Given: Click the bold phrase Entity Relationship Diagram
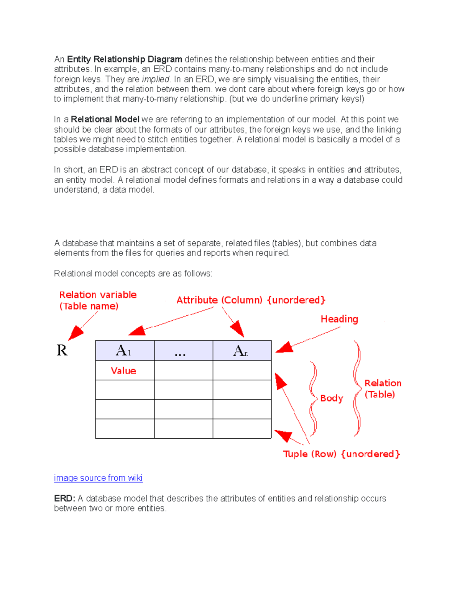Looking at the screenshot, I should click(x=125, y=59).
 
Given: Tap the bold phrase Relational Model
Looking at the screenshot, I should click(x=105, y=120).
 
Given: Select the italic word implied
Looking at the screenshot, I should click(x=156, y=79).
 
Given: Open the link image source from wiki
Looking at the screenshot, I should click(x=98, y=478).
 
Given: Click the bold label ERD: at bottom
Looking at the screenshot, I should click(x=64, y=498).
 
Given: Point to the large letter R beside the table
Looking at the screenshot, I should click(x=62, y=350).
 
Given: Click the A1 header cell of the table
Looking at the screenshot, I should click(x=125, y=351).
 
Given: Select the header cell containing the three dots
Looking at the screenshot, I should click(x=183, y=351).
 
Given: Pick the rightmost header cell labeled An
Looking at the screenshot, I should click(x=242, y=351).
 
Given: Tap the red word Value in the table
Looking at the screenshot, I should click(x=123, y=370).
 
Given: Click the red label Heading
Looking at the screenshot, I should click(x=339, y=319).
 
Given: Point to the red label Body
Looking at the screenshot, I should click(x=332, y=398).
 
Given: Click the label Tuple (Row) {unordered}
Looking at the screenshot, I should click(x=341, y=454).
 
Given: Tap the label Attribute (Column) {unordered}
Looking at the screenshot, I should click(x=251, y=300).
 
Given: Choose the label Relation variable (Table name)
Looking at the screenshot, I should click(x=97, y=300).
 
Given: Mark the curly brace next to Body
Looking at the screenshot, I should click(x=313, y=398).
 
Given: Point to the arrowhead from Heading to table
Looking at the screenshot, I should click(x=284, y=348).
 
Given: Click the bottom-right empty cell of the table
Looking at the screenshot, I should click(x=242, y=428).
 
